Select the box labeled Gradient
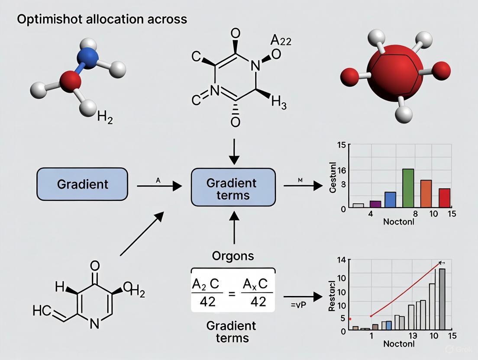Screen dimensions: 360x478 click(82, 184)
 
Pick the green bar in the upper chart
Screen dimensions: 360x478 click(408, 188)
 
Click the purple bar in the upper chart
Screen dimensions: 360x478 click(375, 204)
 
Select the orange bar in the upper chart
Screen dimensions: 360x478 click(426, 193)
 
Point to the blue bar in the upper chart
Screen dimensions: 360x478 click(390, 199)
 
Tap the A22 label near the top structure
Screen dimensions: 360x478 click(281, 41)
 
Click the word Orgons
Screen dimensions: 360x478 click(233, 256)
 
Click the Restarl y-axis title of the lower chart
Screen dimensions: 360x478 click(332, 296)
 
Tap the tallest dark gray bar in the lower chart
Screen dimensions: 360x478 click(442, 299)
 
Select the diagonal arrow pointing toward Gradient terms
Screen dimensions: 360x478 click(142, 233)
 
